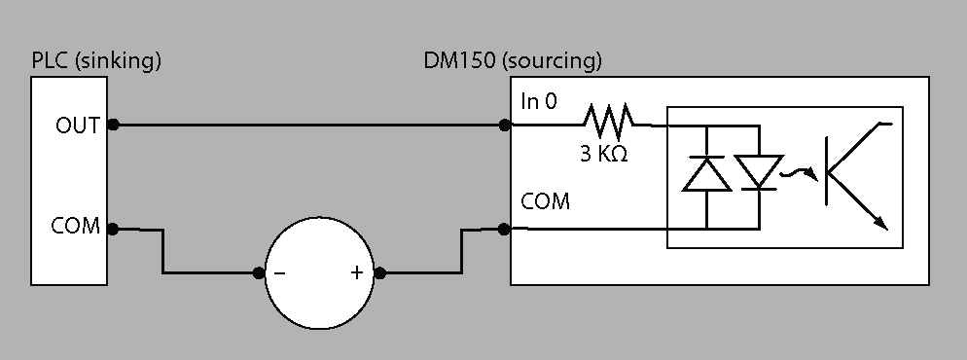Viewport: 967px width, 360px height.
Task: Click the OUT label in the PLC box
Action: pos(77,126)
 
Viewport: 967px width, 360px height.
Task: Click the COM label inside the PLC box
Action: pos(75,226)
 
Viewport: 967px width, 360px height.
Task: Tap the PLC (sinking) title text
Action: pos(96,61)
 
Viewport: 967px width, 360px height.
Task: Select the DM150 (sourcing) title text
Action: pos(513,61)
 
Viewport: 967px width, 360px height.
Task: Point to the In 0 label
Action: pos(538,101)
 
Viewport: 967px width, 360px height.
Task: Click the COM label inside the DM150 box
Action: pos(545,201)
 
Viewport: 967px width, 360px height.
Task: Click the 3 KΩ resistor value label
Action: pos(604,154)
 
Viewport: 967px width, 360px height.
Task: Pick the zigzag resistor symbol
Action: pos(608,120)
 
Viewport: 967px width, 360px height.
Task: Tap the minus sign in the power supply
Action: pos(279,272)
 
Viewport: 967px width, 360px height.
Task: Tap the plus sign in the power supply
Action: pos(356,271)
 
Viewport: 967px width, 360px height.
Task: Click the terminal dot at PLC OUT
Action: pos(113,125)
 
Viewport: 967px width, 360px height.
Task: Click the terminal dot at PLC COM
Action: pos(113,230)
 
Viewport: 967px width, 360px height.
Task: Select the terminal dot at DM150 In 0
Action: pos(505,126)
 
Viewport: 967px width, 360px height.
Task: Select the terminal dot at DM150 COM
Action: pos(504,230)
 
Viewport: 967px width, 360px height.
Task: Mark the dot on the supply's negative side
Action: pos(259,272)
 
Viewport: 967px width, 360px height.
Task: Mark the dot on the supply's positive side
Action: pos(379,272)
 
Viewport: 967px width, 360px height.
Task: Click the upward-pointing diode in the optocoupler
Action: pos(706,174)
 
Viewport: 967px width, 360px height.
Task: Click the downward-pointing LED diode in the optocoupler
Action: pos(759,172)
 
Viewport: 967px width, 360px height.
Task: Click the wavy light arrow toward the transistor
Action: pos(800,175)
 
